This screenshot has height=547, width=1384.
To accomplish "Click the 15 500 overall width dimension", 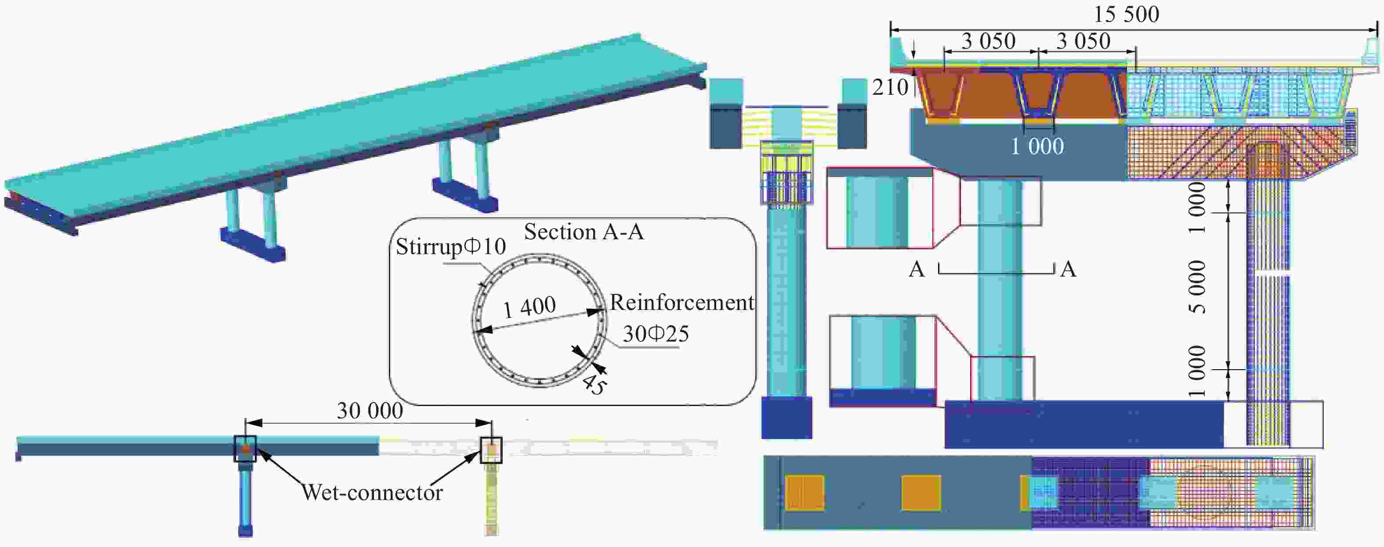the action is [x=1127, y=14].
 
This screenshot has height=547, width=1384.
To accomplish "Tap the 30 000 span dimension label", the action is [x=370, y=411].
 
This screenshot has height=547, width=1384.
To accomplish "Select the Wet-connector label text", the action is [x=372, y=492].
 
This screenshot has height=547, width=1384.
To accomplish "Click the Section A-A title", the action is [x=584, y=232].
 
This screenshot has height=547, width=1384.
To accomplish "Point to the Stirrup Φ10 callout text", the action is [x=451, y=247].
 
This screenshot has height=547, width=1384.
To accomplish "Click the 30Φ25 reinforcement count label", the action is [x=656, y=334].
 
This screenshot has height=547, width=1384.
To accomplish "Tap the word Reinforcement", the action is [x=682, y=303].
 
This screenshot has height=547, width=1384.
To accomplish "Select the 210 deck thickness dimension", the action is [x=890, y=87].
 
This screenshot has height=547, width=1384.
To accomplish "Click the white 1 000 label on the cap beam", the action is [x=1037, y=147].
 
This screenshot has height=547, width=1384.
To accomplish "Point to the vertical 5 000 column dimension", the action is [x=1196, y=287].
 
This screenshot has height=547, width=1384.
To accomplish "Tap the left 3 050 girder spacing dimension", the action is [x=989, y=41].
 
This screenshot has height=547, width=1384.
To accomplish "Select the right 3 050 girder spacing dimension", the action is [x=1083, y=41].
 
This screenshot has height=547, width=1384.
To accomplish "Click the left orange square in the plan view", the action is [x=804, y=492].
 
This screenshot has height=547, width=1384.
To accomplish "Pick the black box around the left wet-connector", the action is [x=245, y=449].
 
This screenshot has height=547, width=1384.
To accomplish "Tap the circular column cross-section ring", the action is [x=539, y=320].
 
